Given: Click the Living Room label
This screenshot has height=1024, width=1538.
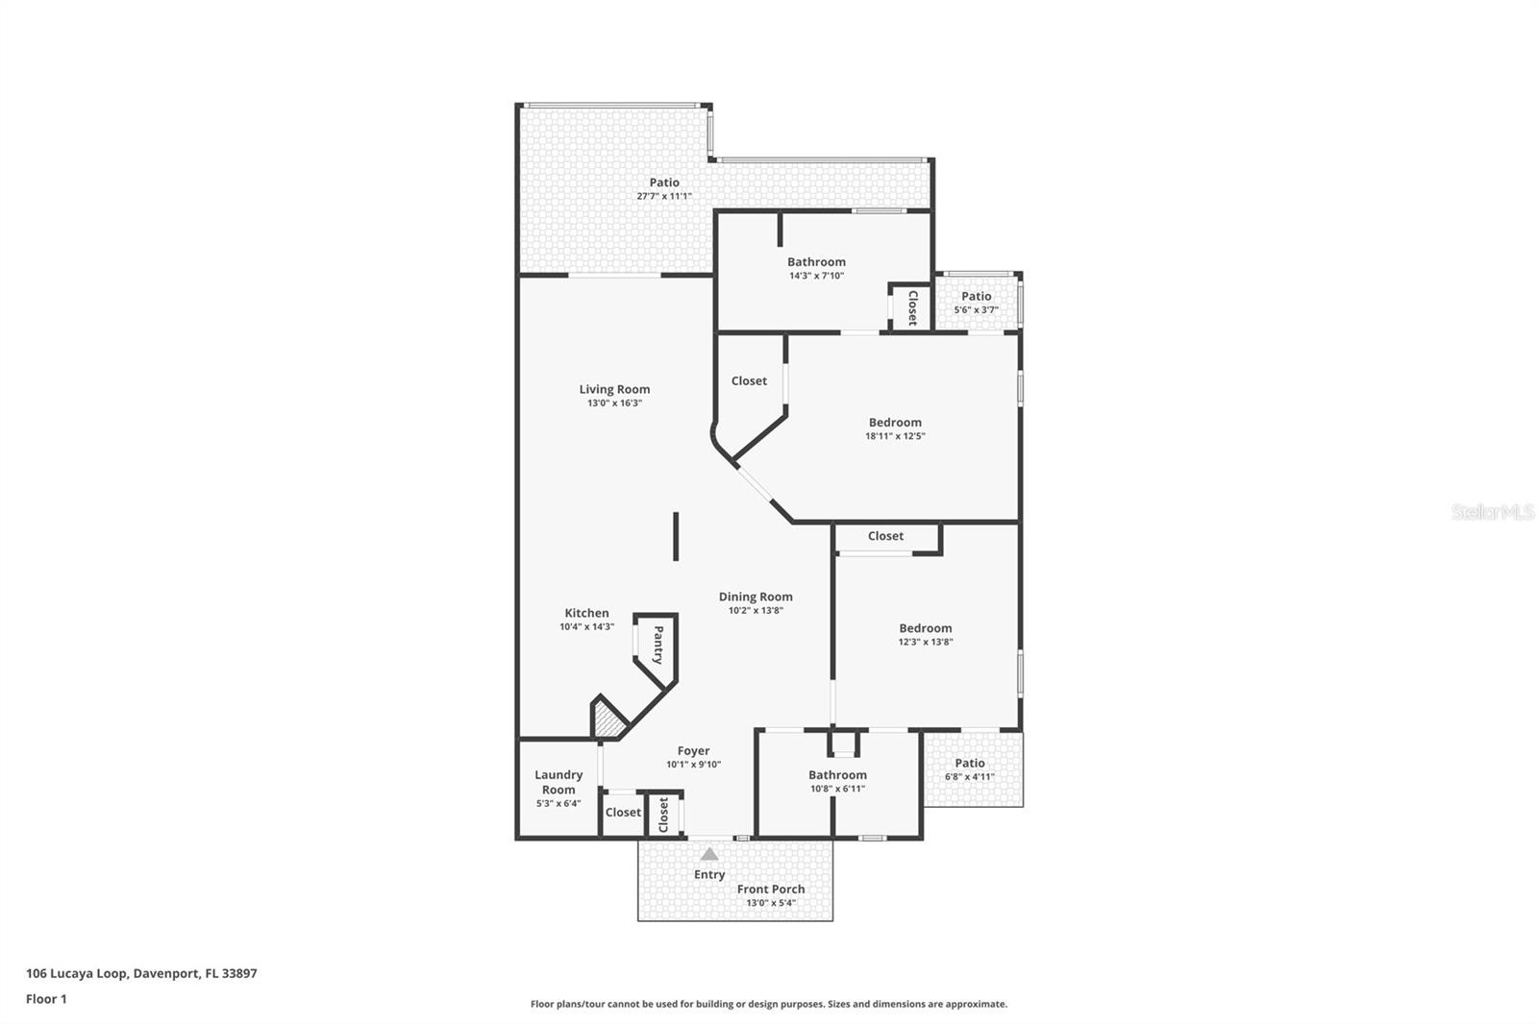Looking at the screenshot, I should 614,389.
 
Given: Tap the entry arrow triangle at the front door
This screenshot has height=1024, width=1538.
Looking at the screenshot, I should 708,854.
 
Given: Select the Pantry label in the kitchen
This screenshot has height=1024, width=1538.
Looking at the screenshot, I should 658,645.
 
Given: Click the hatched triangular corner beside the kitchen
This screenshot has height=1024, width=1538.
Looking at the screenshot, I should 606,719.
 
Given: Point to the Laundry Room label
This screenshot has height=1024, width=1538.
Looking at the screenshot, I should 558,782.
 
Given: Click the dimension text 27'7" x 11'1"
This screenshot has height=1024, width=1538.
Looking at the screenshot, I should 663,196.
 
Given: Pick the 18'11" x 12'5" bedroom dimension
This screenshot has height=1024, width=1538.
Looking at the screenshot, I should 894,436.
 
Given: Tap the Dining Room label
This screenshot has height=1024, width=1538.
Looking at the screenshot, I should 756,597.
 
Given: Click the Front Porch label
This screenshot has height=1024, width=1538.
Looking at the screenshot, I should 771,889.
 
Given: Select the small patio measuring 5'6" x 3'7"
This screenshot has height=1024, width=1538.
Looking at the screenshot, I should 976,302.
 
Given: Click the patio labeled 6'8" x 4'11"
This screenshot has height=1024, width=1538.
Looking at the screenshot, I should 970,768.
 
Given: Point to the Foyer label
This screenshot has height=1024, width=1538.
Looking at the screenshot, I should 693,751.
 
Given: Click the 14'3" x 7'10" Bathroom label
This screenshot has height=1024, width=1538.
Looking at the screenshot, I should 816,261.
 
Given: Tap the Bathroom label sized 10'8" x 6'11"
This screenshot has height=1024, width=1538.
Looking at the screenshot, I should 837,774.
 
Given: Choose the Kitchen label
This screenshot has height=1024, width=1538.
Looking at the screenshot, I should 586,613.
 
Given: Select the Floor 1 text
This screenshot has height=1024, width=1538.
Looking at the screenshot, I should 46,999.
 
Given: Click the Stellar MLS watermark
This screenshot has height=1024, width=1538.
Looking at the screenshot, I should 1492,512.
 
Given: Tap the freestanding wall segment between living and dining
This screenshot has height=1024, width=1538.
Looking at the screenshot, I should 676,536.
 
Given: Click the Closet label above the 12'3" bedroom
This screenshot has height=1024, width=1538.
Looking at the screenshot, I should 885,536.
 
